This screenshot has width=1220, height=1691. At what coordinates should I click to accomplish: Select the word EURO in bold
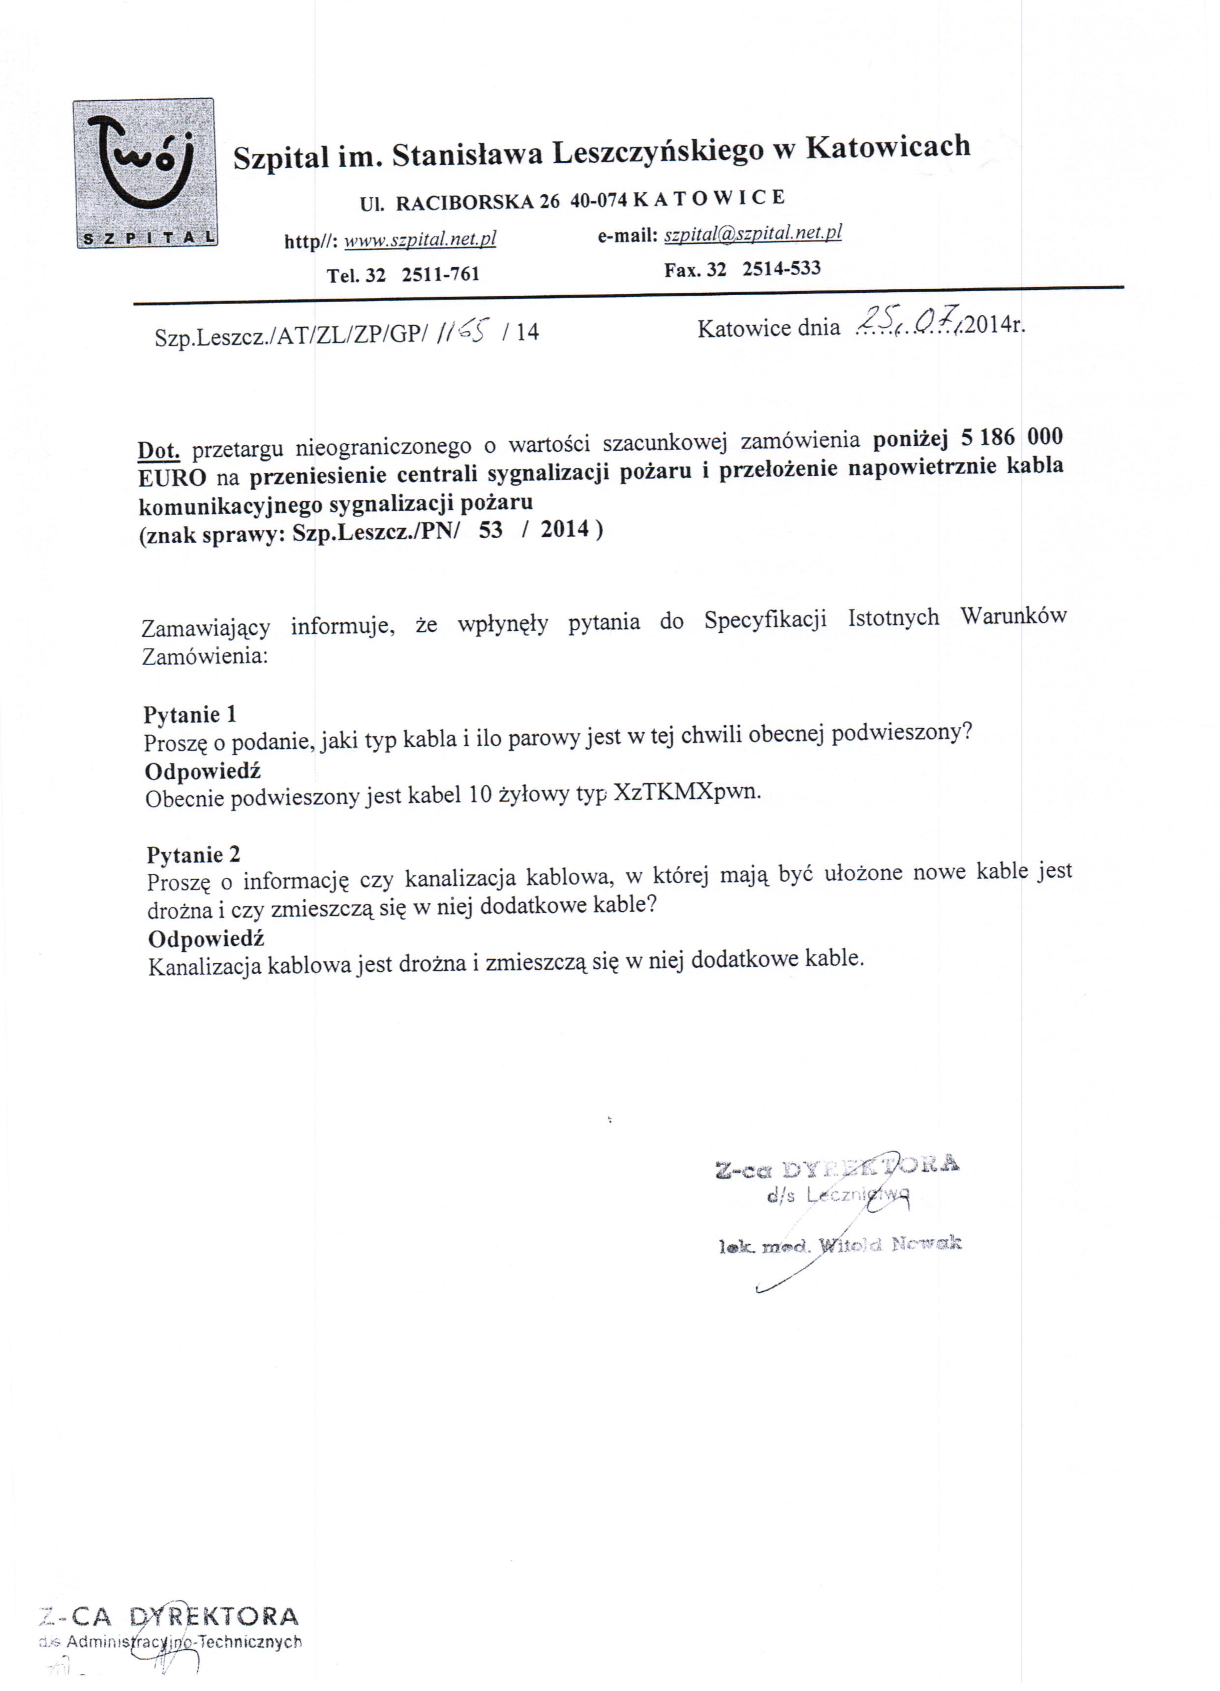pyautogui.click(x=172, y=479)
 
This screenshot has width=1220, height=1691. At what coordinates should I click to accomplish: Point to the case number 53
pyautogui.click(x=490, y=530)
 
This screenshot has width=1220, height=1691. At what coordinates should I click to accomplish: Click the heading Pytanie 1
pyautogui.click(x=190, y=714)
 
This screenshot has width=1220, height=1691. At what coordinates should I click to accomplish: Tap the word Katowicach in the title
pyautogui.click(x=888, y=147)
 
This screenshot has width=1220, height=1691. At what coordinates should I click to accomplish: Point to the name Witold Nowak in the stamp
pyautogui.click(x=890, y=1244)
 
